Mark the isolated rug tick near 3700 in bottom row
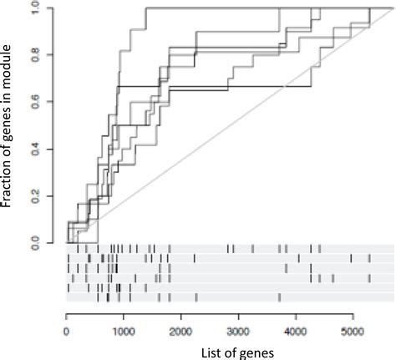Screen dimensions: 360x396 (279, 297)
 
